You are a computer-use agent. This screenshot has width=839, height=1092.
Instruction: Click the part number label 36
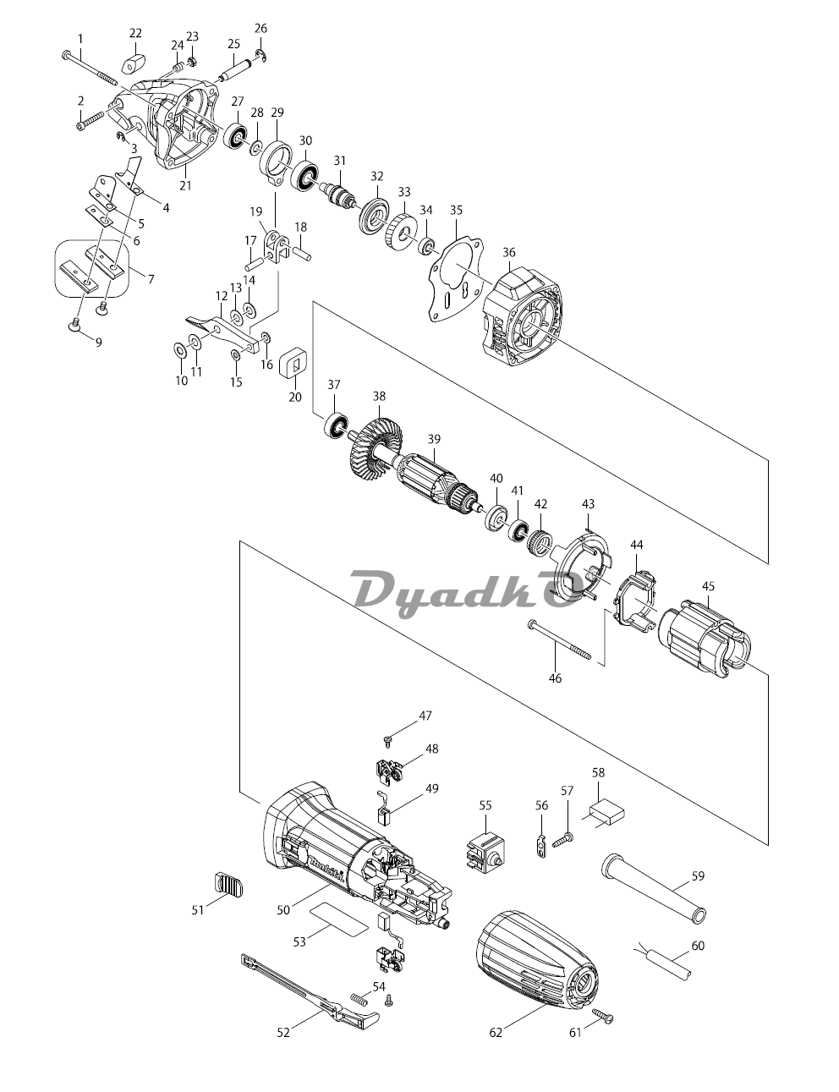(x=508, y=252)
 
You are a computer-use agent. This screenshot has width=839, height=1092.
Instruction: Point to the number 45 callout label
(x=708, y=585)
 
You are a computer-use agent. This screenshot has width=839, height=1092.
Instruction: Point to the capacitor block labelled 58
(x=602, y=815)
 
